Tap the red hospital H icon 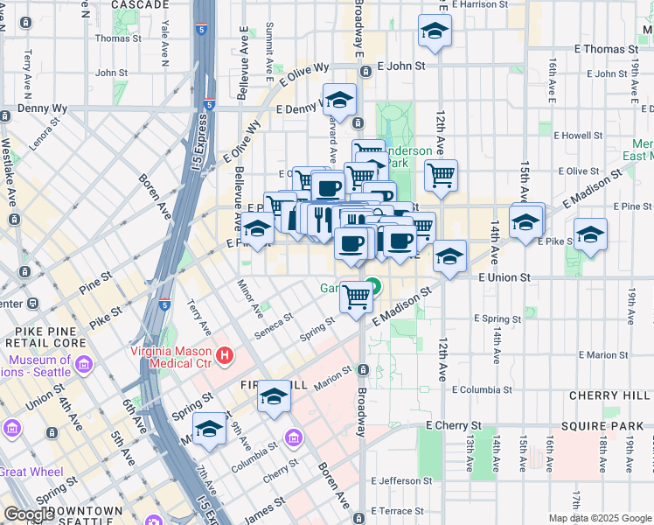[226, 355]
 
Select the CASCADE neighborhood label [141, 5]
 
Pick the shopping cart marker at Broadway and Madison [356, 297]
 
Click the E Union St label [504, 277]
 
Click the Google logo [29, 514]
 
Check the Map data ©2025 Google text [600, 518]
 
